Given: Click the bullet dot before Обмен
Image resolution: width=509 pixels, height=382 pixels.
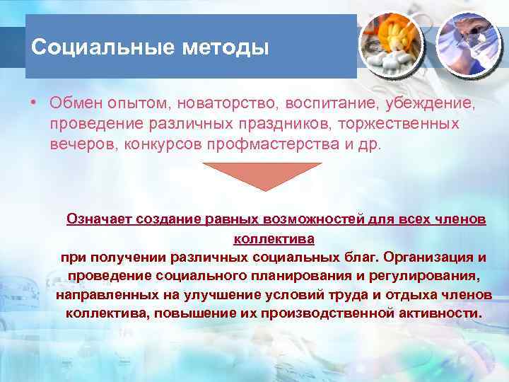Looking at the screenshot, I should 34,103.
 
